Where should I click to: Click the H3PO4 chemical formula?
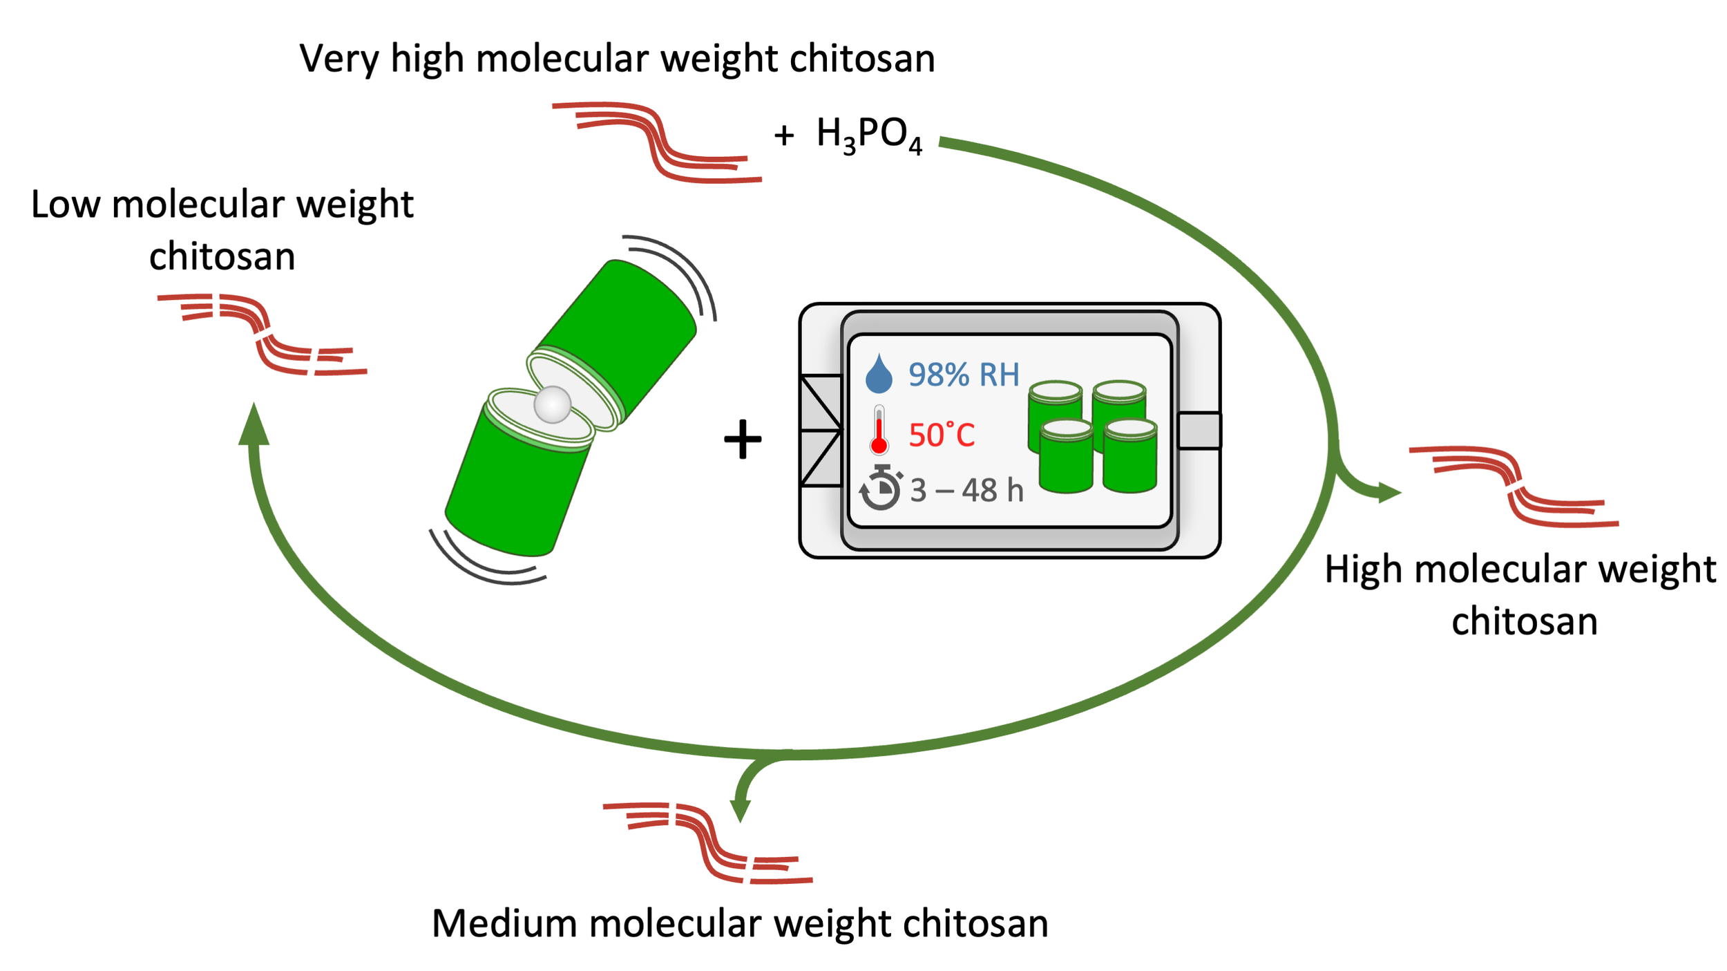click(x=868, y=135)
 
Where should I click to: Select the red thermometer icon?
click(x=879, y=431)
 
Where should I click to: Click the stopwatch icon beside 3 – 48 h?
click(x=880, y=488)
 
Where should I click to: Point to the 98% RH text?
click(x=964, y=375)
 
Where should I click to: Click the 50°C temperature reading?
click(x=942, y=435)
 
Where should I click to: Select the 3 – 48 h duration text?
click(x=966, y=490)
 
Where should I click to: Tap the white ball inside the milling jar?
click(x=552, y=404)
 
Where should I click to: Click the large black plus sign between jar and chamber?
click(x=743, y=439)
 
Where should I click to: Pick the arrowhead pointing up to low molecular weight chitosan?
click(x=254, y=425)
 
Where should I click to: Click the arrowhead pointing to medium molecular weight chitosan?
click(x=740, y=809)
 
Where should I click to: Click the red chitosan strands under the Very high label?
click(x=656, y=142)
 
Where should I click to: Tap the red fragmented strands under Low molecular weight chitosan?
click(x=263, y=334)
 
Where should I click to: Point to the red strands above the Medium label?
click(x=708, y=842)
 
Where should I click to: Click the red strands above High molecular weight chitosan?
click(x=1514, y=487)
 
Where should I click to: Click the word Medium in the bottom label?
click(x=504, y=924)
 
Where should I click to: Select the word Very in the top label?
click(x=338, y=59)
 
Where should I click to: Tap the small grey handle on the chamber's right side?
click(x=1199, y=431)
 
